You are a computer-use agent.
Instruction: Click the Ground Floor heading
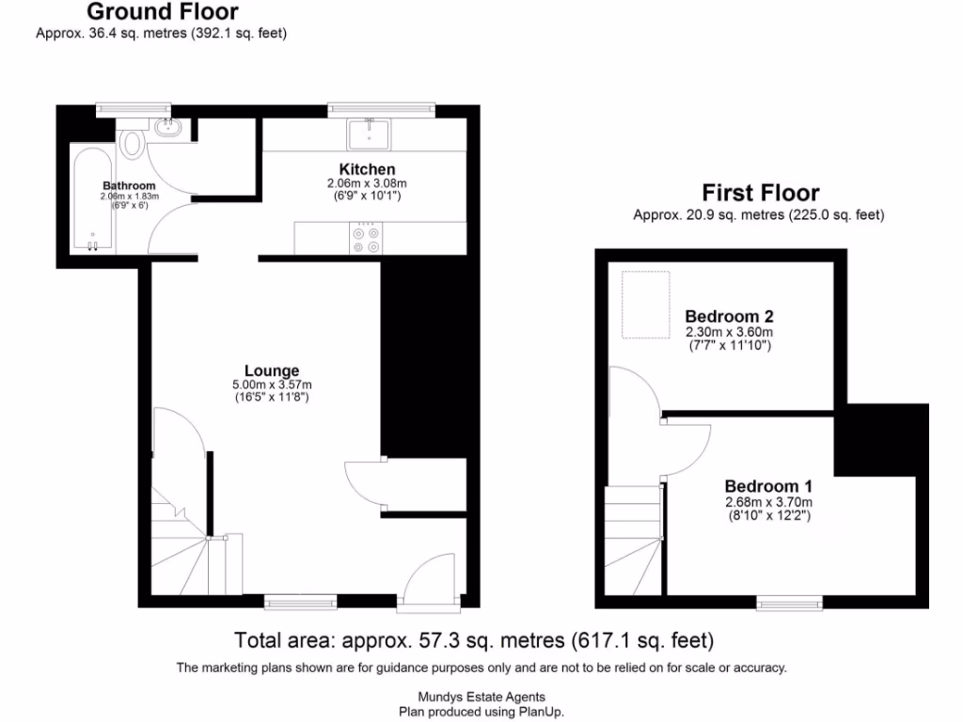162,12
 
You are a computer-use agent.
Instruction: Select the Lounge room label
272,370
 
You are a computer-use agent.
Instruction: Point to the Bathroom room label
129,185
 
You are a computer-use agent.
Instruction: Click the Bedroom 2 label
729,316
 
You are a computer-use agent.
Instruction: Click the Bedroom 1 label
767,486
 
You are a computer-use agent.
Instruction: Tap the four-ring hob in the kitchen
366,237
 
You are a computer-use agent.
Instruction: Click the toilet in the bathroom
133,144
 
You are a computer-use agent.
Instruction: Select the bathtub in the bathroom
92,200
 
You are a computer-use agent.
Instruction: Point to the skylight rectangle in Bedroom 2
646,305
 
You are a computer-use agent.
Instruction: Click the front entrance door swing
431,578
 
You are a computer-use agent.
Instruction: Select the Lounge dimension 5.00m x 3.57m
272,385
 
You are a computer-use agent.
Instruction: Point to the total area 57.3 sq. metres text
474,641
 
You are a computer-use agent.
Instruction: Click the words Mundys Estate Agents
481,697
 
